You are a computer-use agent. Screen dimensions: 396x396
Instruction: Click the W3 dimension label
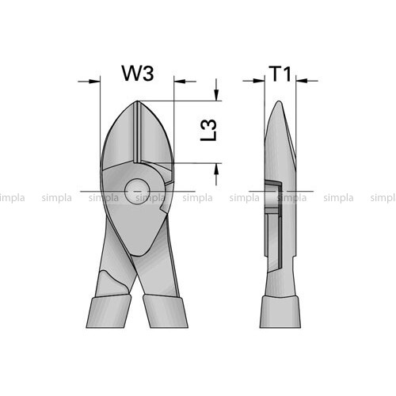tap(138, 73)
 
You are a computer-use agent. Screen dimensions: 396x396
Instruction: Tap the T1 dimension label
tap(280, 74)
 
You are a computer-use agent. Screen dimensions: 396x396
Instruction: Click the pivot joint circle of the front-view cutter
tap(137, 191)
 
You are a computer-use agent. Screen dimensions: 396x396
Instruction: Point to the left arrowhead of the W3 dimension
tap(95, 82)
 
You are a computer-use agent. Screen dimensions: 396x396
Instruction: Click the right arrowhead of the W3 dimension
tap(179, 82)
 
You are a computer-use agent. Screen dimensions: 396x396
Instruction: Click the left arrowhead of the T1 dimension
tap(259, 80)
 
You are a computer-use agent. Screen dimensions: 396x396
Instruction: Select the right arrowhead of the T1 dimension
tap(302, 80)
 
